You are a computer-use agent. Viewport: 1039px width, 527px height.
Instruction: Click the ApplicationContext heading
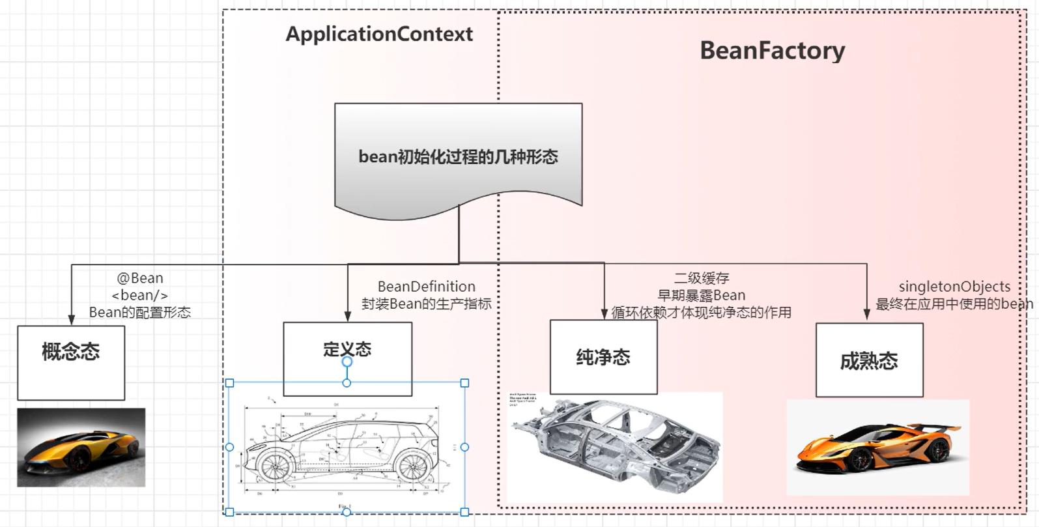[379, 34]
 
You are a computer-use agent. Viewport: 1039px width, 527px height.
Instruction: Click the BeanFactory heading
[772, 50]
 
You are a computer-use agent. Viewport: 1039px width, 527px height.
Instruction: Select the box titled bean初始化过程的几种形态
[458, 157]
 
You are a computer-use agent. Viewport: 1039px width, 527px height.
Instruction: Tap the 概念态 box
[71, 362]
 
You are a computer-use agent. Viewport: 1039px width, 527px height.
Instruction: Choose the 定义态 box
[347, 349]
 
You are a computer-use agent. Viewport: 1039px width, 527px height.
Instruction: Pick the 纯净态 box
[603, 357]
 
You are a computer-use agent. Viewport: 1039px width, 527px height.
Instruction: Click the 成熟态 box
[869, 360]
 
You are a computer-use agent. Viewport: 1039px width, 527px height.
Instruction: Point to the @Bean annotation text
[140, 278]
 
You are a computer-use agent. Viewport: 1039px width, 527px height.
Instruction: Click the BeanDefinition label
[427, 287]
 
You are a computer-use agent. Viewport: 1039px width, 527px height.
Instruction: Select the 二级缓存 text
[702, 278]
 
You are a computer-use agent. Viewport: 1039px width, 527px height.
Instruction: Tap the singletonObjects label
[954, 287]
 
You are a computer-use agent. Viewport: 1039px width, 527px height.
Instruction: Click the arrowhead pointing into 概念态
[72, 319]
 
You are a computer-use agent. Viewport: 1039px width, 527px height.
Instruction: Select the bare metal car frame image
[616, 443]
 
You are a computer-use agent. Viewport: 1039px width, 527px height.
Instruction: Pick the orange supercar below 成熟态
[876, 448]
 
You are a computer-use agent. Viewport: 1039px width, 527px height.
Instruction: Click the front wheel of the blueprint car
[274, 465]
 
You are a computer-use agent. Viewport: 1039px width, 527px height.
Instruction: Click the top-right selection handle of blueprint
[464, 383]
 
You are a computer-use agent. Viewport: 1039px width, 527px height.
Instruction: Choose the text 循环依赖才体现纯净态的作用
[701, 313]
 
